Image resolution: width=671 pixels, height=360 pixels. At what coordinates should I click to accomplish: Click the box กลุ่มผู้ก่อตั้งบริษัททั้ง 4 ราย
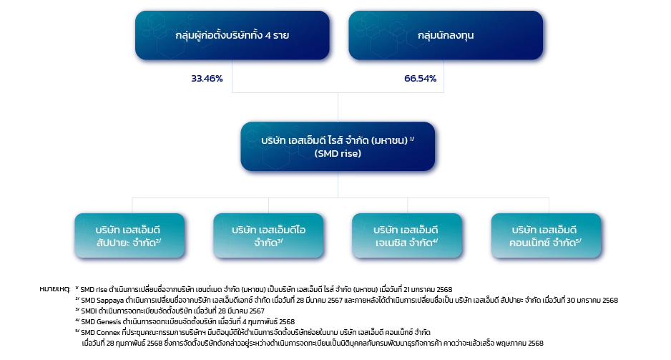click(x=232, y=34)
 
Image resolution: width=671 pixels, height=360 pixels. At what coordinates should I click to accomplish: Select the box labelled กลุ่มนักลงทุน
click(x=445, y=34)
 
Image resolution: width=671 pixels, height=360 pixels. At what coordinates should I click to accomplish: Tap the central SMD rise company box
click(x=338, y=146)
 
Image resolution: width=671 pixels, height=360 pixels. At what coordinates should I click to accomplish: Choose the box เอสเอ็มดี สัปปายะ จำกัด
click(x=129, y=235)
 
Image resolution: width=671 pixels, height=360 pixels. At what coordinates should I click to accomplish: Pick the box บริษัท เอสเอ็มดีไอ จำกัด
click(x=268, y=235)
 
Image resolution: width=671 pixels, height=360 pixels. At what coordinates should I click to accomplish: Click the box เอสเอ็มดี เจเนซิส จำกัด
click(x=407, y=235)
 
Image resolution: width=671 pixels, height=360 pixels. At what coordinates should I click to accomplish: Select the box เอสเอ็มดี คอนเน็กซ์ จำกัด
click(x=546, y=235)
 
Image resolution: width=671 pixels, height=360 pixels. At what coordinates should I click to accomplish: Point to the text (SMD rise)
click(x=338, y=153)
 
